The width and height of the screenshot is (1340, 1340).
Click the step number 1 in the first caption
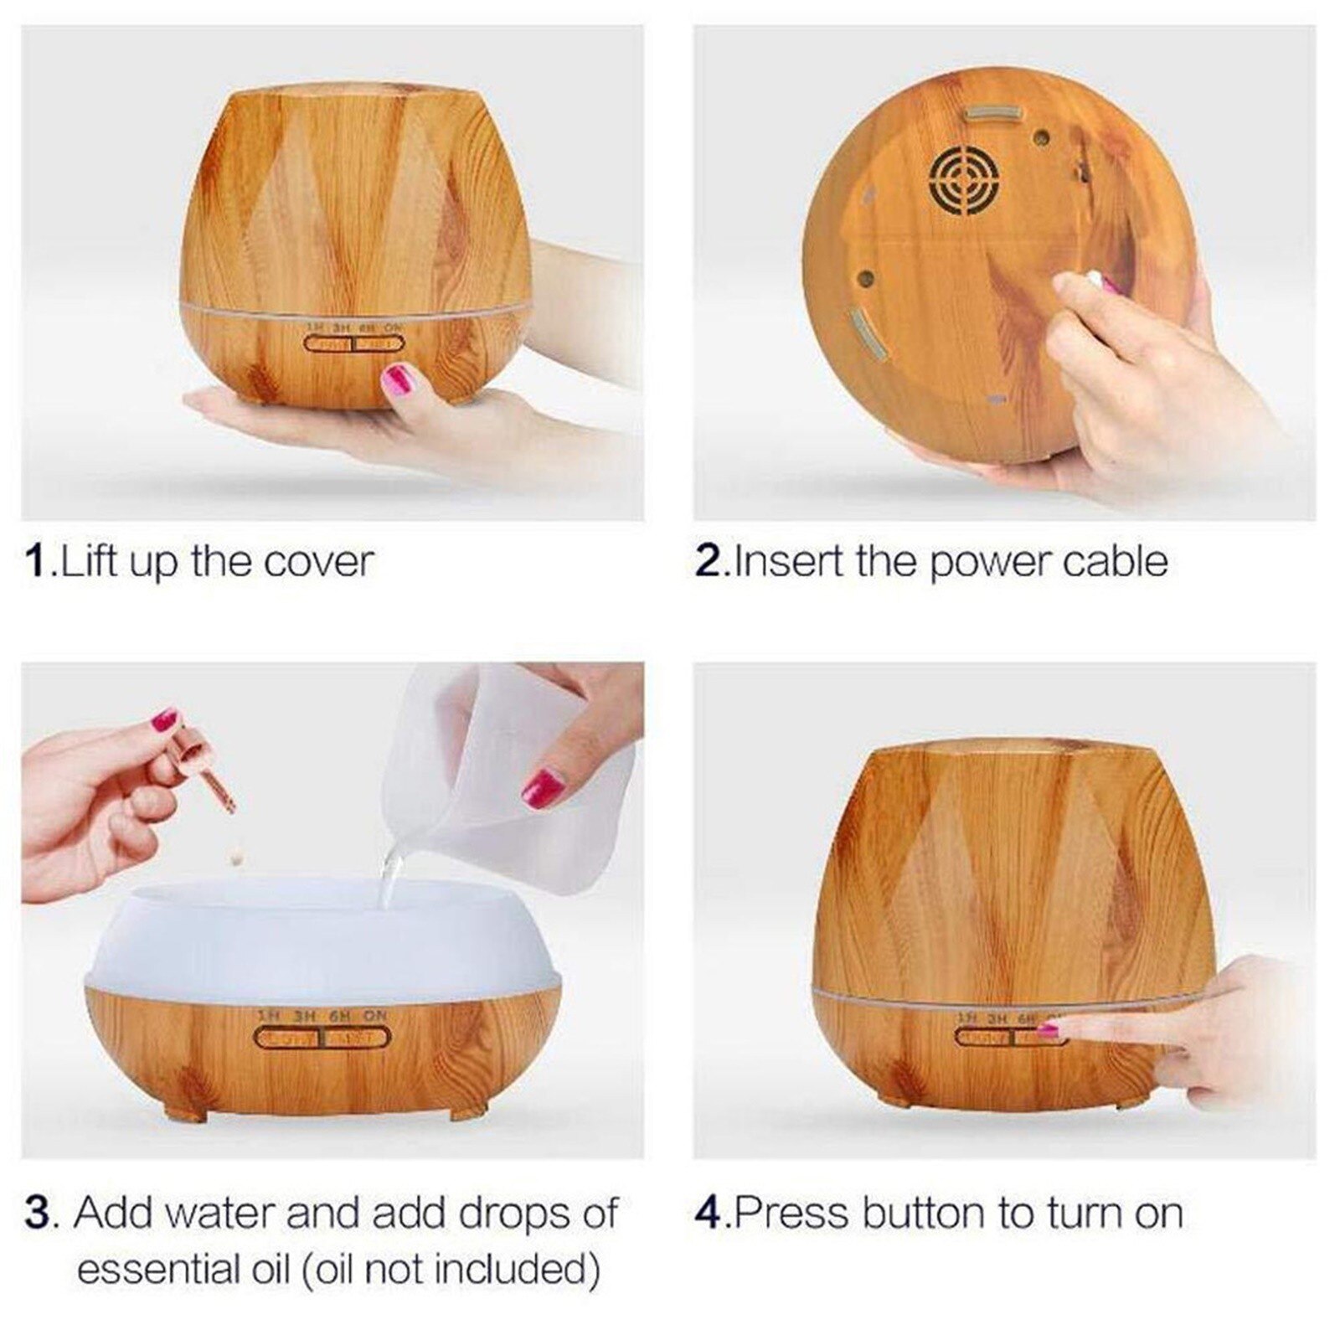click(36, 561)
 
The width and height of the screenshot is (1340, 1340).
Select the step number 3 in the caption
click(38, 1213)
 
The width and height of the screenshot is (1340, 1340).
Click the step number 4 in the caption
click(708, 1213)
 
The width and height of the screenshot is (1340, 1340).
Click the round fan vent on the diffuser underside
click(964, 178)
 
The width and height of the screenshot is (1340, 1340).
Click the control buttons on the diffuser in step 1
click(353, 343)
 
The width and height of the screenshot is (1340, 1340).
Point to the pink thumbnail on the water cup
click(543, 787)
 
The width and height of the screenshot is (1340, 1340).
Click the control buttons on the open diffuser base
click(322, 1038)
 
